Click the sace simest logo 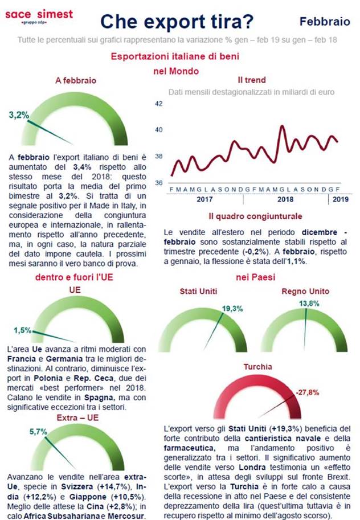click(x=39, y=16)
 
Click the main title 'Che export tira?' click(x=177, y=22)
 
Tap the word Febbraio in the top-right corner click(x=325, y=22)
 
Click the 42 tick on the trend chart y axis click(x=159, y=104)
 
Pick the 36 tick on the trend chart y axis click(x=159, y=182)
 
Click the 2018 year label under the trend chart click(x=285, y=200)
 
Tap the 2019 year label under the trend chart click(x=339, y=200)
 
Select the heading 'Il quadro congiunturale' click(x=255, y=216)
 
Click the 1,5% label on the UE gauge click(x=23, y=330)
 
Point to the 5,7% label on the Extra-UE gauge click(x=38, y=432)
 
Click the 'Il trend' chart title click(x=251, y=80)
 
